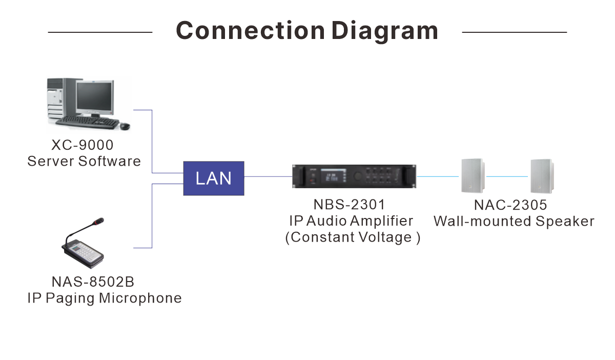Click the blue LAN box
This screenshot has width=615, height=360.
pyautogui.click(x=214, y=178)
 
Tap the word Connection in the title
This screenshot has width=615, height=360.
pyautogui.click(x=251, y=30)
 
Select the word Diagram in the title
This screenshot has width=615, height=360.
pyautogui.click(x=385, y=32)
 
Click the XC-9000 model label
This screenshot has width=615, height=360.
pyautogui.click(x=83, y=145)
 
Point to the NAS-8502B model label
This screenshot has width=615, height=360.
pyautogui.click(x=93, y=282)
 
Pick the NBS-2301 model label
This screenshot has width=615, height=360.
pyautogui.click(x=349, y=205)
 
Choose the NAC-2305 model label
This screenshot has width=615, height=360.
pyautogui.click(x=510, y=205)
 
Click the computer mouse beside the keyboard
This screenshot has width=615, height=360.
pyautogui.click(x=125, y=126)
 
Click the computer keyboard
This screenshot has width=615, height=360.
pyautogui.click(x=87, y=122)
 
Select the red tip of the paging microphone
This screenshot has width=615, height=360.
pyautogui.click(x=98, y=221)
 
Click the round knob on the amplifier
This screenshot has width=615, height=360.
pyautogui.click(x=357, y=176)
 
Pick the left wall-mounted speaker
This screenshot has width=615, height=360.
pyautogui.click(x=473, y=176)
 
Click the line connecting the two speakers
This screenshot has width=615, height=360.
pyautogui.click(x=507, y=176)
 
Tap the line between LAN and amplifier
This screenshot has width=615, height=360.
pyautogui.click(x=268, y=176)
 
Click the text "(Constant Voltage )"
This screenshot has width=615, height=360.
pyautogui.click(x=353, y=237)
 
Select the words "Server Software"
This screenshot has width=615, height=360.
pyautogui.click(x=84, y=161)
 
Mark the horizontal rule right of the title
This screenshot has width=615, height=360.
pyautogui.click(x=515, y=32)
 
